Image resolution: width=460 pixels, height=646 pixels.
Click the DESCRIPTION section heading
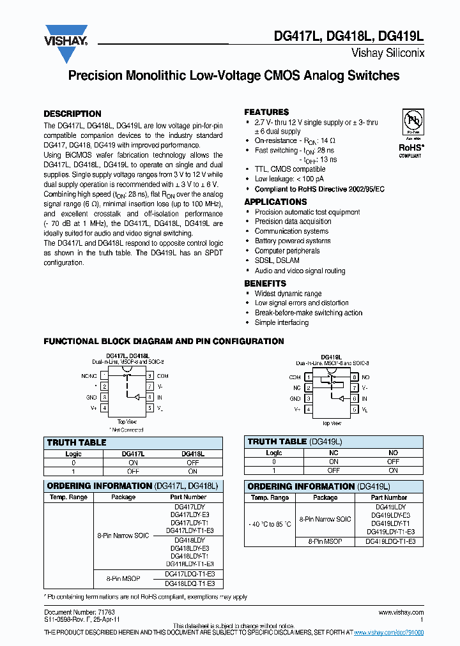(72, 114)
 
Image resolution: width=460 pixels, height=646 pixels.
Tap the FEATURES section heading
(266, 112)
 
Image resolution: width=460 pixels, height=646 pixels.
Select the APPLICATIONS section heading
(275, 202)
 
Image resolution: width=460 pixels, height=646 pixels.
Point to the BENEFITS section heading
(265, 283)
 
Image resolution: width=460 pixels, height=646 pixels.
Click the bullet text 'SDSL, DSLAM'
(277, 260)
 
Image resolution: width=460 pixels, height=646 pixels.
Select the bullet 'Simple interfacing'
(281, 322)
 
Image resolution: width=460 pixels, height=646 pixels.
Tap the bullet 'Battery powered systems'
(293, 241)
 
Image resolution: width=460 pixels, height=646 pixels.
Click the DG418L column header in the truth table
(192, 453)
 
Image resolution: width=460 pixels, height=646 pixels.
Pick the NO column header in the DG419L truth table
(393, 453)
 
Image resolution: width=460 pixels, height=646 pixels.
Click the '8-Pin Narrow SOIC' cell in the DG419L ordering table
(325, 519)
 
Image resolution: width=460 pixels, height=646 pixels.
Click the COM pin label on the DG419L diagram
(295, 377)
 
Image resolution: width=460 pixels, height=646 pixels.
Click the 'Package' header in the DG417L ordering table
(123, 497)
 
